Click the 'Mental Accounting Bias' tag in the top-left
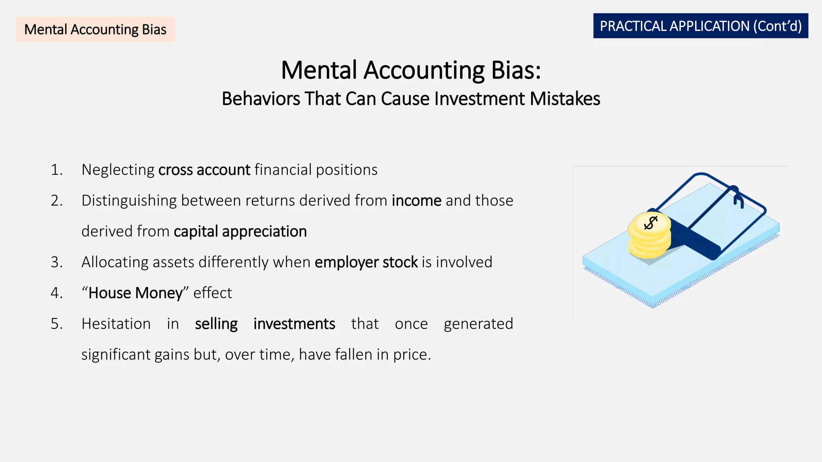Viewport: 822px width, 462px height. [x=95, y=29]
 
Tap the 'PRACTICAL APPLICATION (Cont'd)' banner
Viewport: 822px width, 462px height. [x=700, y=26]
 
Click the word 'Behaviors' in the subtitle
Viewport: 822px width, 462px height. [x=260, y=99]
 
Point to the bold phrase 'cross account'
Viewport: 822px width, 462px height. [x=204, y=170]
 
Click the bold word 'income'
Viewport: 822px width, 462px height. [x=416, y=201]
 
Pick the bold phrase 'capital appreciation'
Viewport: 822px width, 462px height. [x=240, y=231]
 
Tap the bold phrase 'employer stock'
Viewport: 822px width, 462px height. [x=366, y=262]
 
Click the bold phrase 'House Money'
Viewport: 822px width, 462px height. [x=135, y=293]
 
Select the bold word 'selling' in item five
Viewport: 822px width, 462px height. [x=216, y=324]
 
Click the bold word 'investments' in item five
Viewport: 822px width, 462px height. [x=294, y=324]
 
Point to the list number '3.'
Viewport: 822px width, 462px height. [x=57, y=262]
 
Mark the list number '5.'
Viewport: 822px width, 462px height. [x=57, y=324]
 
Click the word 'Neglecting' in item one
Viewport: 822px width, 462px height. [x=118, y=170]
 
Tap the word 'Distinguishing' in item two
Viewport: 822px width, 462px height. [x=129, y=201]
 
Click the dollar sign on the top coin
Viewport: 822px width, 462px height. [x=650, y=223]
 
